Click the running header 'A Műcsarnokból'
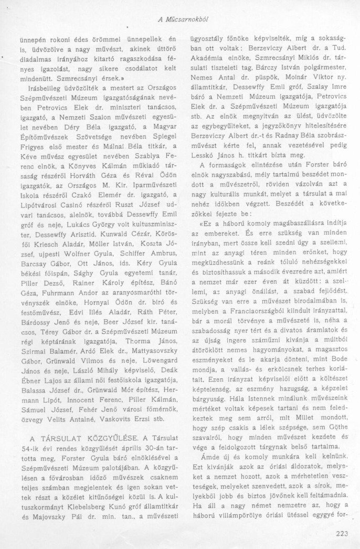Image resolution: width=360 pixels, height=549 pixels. [183, 19]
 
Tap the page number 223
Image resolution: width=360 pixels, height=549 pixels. [341, 534]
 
